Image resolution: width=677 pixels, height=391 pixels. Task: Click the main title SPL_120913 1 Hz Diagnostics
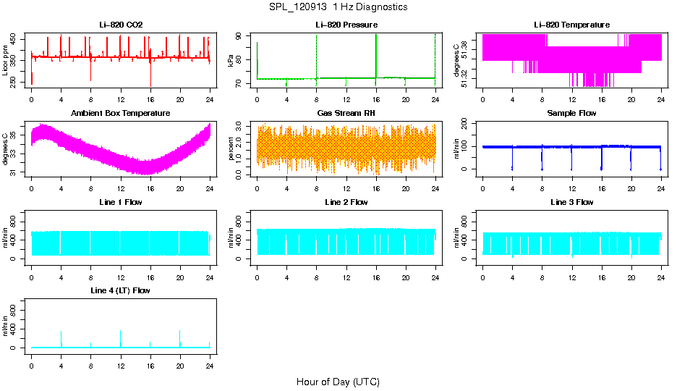click(338, 7)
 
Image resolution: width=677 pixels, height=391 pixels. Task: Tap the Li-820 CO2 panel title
click(120, 25)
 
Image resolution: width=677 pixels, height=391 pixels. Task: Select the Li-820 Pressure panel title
click(346, 25)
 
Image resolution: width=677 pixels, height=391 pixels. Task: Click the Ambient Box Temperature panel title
click(120, 114)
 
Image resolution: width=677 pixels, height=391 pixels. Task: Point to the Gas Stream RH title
click(346, 114)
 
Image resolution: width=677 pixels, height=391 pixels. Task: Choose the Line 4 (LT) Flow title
click(120, 290)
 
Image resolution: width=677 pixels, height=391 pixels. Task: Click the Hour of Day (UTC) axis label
click(338, 382)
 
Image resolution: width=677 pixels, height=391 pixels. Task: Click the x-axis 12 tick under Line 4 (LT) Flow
click(120, 360)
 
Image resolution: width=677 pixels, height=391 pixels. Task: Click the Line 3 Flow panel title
click(571, 202)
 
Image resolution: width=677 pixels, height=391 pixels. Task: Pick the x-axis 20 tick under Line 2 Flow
click(405, 272)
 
